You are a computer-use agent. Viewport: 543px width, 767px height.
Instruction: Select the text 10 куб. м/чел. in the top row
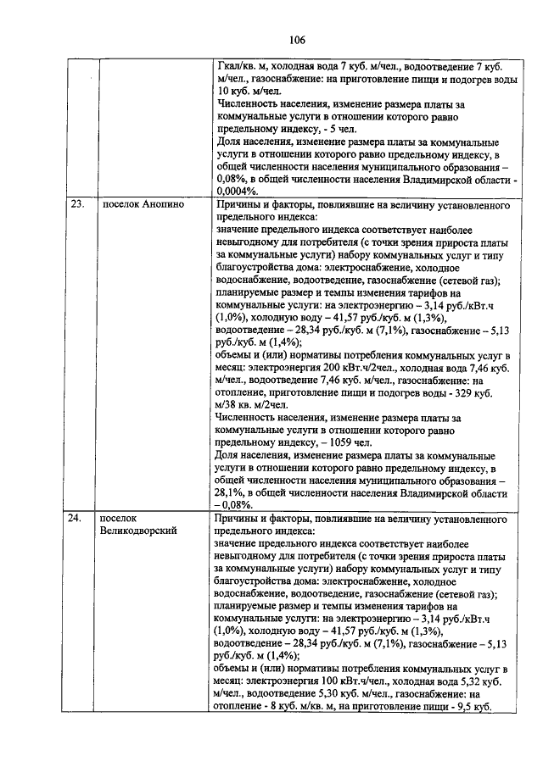249,92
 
